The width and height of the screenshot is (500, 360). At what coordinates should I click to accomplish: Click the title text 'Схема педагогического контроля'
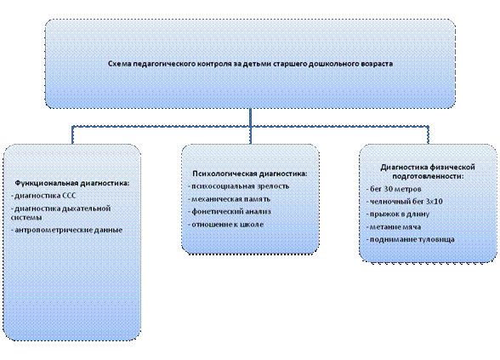pos(170,64)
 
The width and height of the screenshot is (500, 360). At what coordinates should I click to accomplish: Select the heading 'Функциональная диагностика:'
pos(72,183)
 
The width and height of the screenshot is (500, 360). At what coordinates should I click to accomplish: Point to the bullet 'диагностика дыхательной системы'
pos(61,213)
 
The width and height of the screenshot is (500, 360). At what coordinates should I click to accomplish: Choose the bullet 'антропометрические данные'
pos(67,230)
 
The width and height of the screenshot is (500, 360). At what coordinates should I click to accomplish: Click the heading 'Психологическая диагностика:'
pos(250,174)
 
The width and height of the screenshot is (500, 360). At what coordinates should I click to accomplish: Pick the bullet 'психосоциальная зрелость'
pos(239,186)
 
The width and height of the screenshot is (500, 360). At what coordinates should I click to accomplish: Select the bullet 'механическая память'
pos(230,199)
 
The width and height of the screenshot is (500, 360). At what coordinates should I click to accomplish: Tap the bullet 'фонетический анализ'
pos(230,212)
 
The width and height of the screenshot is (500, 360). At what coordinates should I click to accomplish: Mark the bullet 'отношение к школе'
pos(226,225)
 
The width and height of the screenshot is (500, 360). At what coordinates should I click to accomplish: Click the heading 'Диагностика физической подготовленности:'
pos(428,172)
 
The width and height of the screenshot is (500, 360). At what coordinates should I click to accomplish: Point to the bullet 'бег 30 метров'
pos(394,189)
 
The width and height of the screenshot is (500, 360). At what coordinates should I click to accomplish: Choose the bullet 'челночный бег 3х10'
pos(405,202)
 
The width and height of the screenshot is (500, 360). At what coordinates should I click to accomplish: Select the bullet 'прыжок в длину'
pos(398,214)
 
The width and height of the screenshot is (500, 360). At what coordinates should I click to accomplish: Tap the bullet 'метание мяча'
pos(394,227)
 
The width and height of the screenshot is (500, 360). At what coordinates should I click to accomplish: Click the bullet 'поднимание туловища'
pos(411,239)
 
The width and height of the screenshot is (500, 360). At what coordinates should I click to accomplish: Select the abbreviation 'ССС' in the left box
pos(69,196)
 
